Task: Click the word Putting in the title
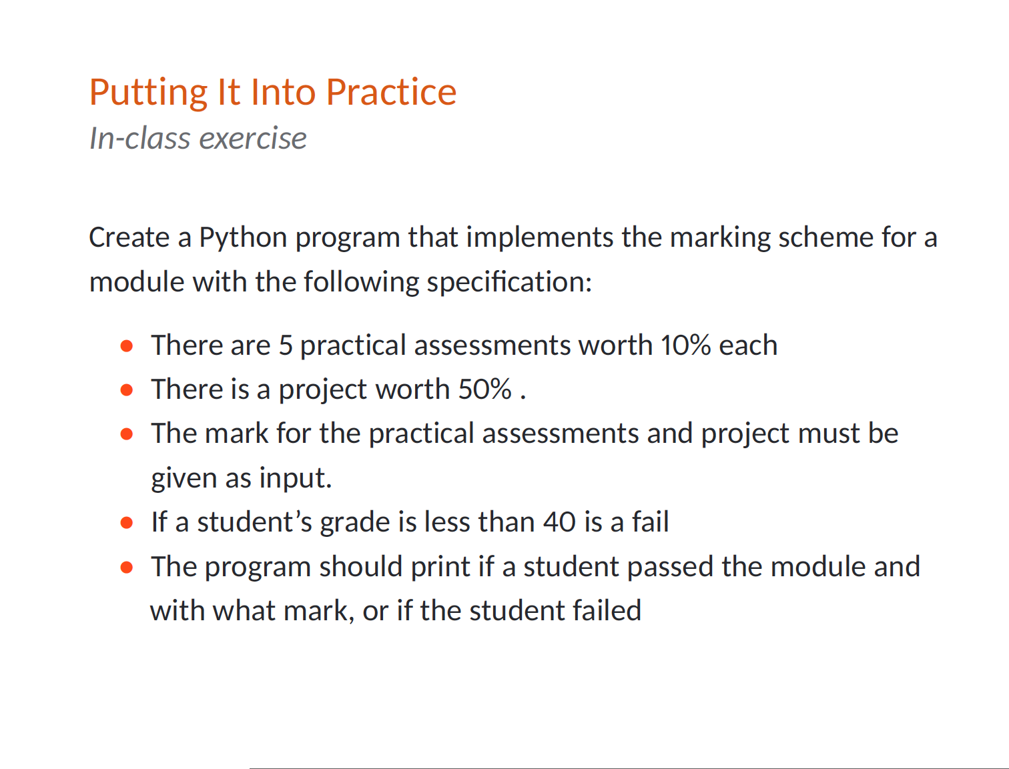coord(148,93)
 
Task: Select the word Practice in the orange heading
coord(391,92)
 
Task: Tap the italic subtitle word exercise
coord(253,138)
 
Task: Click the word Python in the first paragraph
coord(243,238)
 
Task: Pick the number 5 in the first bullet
coord(286,345)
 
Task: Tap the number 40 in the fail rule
coord(559,522)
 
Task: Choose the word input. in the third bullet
coord(296,478)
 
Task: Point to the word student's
coord(255,522)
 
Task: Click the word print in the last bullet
coord(440,568)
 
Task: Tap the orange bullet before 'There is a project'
coord(126,390)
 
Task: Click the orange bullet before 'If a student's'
coord(126,524)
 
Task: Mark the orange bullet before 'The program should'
coord(126,568)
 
